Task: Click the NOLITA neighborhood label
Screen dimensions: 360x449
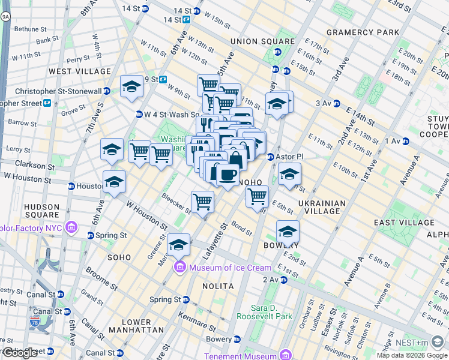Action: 218,287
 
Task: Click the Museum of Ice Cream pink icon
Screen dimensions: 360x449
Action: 179,268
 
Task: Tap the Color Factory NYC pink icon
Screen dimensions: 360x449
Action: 71,227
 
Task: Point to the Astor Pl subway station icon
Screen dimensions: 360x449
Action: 270,157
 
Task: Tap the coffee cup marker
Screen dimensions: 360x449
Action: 228,175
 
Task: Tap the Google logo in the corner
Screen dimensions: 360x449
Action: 20,353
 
